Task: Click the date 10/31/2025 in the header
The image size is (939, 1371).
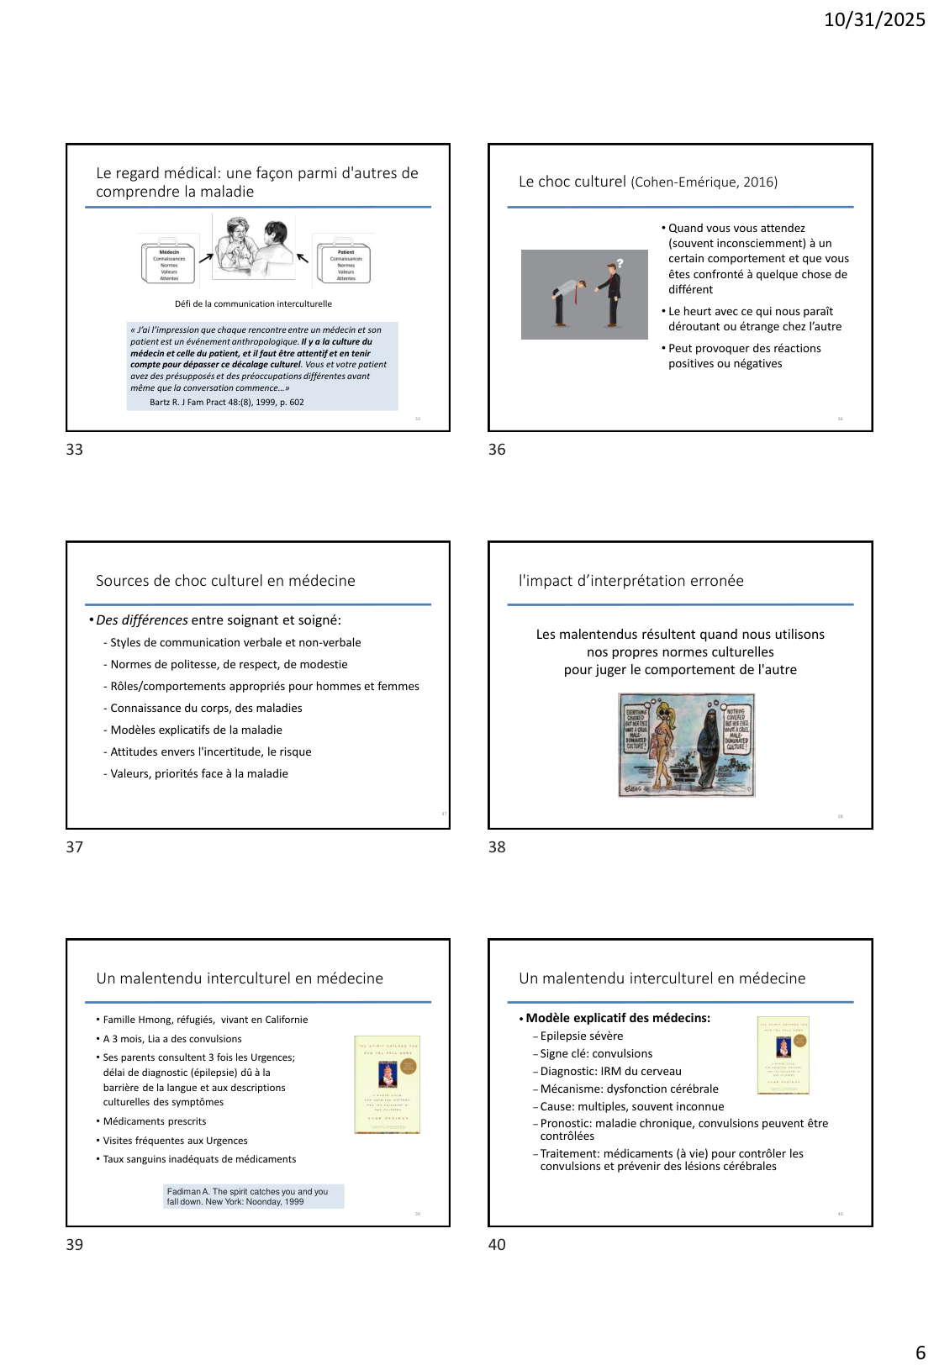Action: click(874, 19)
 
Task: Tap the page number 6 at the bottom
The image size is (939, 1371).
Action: click(920, 1353)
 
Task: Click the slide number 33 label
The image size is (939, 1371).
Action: click(75, 450)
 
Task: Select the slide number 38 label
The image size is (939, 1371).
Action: click(497, 847)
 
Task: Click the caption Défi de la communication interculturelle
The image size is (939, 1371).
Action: click(253, 304)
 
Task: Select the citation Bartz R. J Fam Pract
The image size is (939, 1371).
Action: click(227, 403)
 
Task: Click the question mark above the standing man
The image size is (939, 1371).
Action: click(620, 263)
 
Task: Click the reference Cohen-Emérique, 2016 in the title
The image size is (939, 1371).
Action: click(704, 182)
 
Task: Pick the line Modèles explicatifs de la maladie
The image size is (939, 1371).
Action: click(196, 730)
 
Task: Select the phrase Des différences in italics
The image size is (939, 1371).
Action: click(142, 620)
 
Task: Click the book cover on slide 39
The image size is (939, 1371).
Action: click(388, 1084)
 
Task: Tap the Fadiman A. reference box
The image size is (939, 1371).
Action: click(254, 1196)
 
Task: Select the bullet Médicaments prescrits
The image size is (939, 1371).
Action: click(155, 1121)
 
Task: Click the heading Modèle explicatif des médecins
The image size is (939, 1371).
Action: click(618, 1018)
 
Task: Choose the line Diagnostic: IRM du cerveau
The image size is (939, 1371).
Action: click(610, 1072)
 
